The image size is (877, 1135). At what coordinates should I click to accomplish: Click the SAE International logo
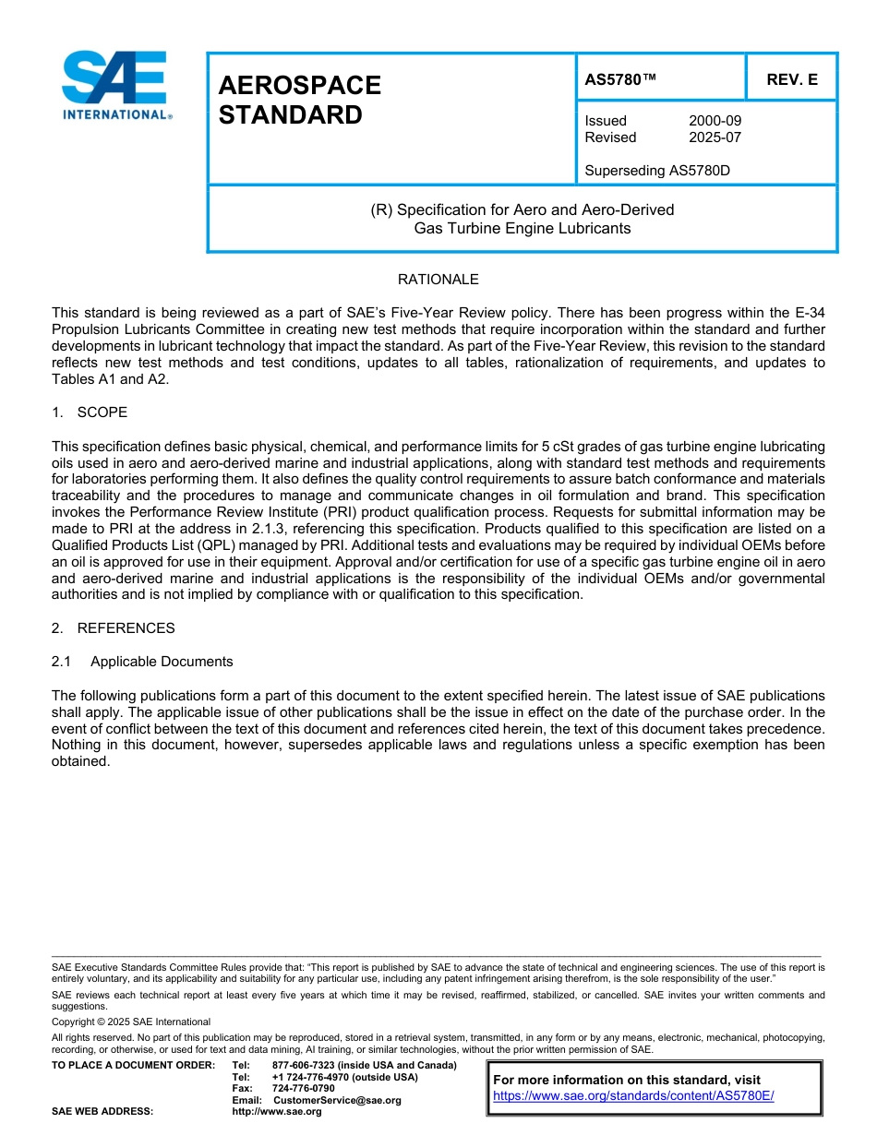tap(114, 85)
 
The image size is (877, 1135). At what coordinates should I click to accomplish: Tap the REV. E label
tap(791, 79)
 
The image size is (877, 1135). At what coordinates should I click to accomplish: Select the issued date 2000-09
tap(715, 121)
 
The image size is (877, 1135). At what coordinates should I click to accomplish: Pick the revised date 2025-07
tap(715, 137)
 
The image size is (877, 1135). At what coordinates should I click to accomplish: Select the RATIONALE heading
tap(438, 280)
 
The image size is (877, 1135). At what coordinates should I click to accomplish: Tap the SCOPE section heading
tap(102, 412)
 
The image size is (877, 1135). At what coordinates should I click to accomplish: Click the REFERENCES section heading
tap(126, 628)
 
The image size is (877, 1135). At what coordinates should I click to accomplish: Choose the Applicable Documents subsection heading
tap(162, 662)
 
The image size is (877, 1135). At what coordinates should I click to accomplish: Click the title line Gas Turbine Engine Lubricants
tap(522, 228)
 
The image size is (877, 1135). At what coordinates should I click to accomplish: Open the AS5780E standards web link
tap(633, 1096)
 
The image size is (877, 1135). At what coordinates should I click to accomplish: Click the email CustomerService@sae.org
tap(337, 1101)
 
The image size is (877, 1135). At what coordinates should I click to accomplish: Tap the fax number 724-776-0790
tap(303, 1089)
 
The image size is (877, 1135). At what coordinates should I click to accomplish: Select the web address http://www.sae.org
tap(277, 1112)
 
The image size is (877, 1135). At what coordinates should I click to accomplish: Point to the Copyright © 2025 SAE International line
tap(131, 1021)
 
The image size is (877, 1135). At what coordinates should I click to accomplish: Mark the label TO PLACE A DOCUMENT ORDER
tap(133, 1066)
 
